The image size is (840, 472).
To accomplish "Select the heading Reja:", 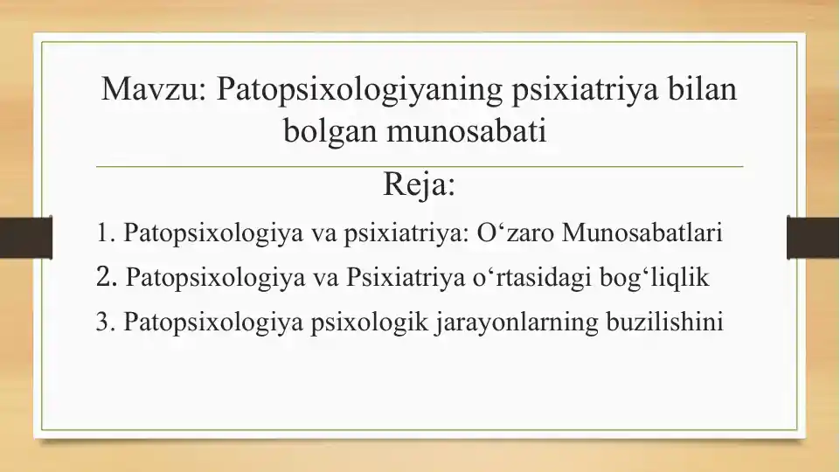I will point(420,185).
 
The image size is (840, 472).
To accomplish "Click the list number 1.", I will point(105,234).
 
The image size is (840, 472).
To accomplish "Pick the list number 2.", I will point(105,278).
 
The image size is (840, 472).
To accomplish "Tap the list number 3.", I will point(105,323).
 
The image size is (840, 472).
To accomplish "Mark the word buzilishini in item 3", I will point(664,323).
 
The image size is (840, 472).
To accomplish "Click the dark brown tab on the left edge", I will point(15,238).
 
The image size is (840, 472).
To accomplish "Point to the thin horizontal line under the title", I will point(420,166).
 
